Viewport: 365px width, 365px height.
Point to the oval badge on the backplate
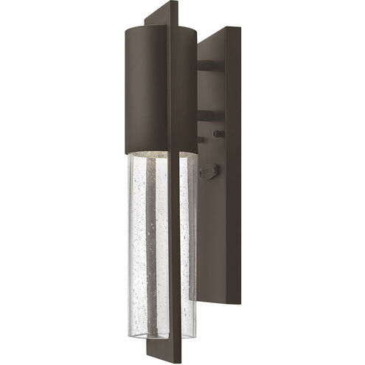tap(209, 170)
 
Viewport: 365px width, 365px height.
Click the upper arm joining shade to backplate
tap(209, 65)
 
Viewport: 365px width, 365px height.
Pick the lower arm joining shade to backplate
tap(209, 115)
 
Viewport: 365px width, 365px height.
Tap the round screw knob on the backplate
tap(218, 133)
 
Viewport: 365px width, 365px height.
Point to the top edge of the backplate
tap(221, 29)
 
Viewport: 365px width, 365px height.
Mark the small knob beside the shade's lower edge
tap(201, 138)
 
